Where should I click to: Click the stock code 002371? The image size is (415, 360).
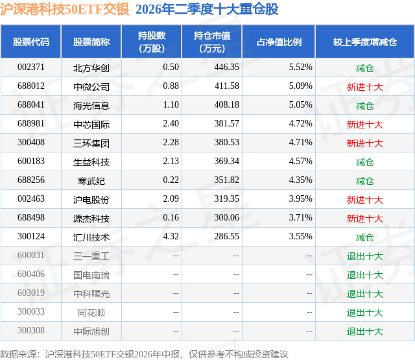pos(31,67)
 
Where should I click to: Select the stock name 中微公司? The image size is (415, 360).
pos(91,86)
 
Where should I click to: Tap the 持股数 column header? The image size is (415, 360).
pos(152,42)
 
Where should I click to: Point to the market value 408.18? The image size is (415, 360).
pos(226,105)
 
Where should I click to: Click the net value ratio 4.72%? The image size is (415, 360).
pos(300,124)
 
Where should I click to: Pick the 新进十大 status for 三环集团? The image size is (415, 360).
pos(364,143)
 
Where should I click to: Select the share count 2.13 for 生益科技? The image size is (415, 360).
pos(171,162)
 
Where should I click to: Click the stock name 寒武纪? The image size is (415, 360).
pos(91,181)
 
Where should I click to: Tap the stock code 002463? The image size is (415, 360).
pos(31,198)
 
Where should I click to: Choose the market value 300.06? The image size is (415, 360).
pos(226,217)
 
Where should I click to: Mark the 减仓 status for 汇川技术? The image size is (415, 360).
pos(364,237)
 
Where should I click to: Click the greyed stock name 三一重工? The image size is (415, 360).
pos(91,256)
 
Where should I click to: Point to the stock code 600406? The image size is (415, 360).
pos(31,274)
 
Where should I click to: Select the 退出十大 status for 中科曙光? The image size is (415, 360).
pos(364,294)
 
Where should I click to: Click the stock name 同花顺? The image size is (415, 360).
pos(91,313)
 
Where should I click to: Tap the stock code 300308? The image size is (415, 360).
pos(31,330)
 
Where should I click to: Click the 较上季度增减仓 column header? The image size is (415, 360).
pos(364,42)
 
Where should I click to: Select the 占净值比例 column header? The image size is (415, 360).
pos(279,42)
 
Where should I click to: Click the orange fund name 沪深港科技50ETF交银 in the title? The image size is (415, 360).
pos(65,9)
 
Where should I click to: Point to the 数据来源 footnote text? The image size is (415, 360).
pos(144,354)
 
